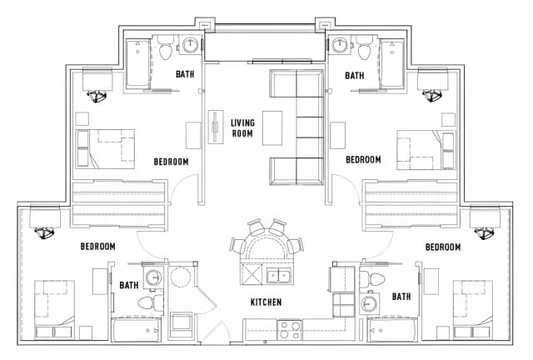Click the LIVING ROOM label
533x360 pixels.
pos(242,128)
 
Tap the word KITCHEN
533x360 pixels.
pos(266,302)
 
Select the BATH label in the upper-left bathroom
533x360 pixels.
pos(186,75)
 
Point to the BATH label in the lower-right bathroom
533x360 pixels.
pos(401,297)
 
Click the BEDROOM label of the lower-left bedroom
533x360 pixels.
pos(97,247)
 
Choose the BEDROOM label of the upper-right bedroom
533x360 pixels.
pos(363,159)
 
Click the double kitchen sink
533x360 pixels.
pos(277,276)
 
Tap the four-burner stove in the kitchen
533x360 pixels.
pos(290,329)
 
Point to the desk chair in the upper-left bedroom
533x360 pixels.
pos(99,96)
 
